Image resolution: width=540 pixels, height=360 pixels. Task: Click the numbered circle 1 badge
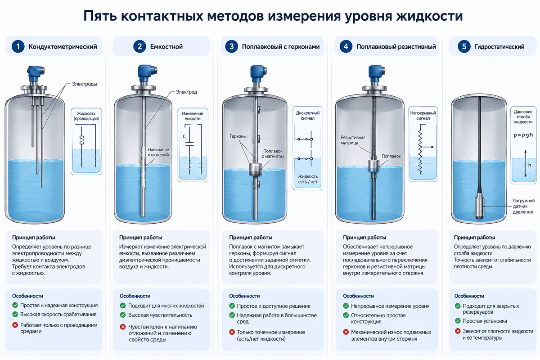(x=18, y=46)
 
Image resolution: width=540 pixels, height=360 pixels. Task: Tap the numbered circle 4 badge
(x=346, y=46)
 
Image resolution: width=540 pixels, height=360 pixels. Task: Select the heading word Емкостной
(x=166, y=47)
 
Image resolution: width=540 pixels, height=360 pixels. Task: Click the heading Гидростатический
(x=499, y=47)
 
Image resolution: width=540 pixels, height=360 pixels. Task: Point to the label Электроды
(x=85, y=84)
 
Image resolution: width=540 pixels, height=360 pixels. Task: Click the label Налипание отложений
(x=158, y=153)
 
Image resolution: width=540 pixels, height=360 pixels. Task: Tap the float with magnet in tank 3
(x=256, y=169)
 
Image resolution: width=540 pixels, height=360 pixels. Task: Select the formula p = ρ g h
(x=523, y=135)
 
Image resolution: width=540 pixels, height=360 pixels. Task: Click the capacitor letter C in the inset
(x=184, y=136)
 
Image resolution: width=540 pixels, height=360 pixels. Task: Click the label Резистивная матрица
(x=353, y=140)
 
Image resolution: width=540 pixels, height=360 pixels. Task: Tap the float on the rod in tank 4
(x=373, y=166)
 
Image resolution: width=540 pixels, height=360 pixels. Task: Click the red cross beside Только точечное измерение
(x=232, y=332)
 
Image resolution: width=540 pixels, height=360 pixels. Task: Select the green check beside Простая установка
(x=458, y=321)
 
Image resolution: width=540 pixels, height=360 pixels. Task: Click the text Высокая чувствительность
(x=160, y=315)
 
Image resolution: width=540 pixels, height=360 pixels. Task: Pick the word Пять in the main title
(x=100, y=16)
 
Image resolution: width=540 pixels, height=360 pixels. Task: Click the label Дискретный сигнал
(x=308, y=116)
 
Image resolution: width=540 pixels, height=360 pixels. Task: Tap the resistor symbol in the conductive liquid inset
(x=82, y=140)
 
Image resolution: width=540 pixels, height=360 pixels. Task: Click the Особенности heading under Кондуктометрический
(x=27, y=296)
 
